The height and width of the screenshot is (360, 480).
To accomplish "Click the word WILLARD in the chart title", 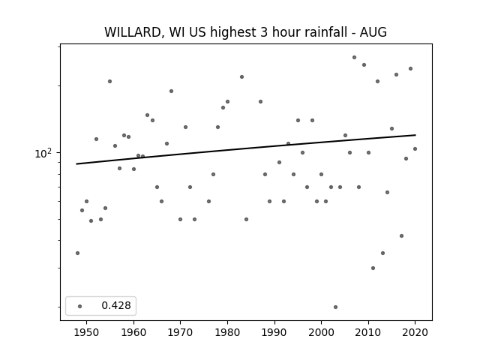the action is coord(133,32).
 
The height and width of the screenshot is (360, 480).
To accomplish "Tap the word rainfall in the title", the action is coord(328,32).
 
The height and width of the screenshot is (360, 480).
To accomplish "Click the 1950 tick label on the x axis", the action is coord(86,332).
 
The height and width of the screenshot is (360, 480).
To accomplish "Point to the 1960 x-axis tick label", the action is coord(133,332).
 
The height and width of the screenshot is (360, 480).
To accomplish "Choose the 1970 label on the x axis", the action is coord(180,332).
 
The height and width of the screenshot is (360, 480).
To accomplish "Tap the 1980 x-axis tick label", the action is coord(227,332).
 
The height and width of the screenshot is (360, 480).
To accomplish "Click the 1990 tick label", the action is coord(274,332).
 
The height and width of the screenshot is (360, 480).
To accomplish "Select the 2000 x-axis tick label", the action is coord(321,332).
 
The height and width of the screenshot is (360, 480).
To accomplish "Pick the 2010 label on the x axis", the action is coord(368,332).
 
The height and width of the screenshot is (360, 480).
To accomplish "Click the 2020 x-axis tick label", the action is coord(415,332).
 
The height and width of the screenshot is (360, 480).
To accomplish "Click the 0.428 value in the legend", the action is coord(116,305).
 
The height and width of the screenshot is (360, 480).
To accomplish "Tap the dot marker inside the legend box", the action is coord(79,306).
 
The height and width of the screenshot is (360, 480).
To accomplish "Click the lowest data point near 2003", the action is coord(335,307).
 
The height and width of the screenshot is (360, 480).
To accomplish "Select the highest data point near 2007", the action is coord(354,57).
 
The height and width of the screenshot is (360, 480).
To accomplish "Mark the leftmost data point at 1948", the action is coord(77,253).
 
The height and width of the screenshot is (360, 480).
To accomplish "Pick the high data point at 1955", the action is coord(109,82).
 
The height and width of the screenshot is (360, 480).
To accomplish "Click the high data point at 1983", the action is coord(241,76).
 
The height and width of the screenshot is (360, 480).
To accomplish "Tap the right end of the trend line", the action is coord(415,135).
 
